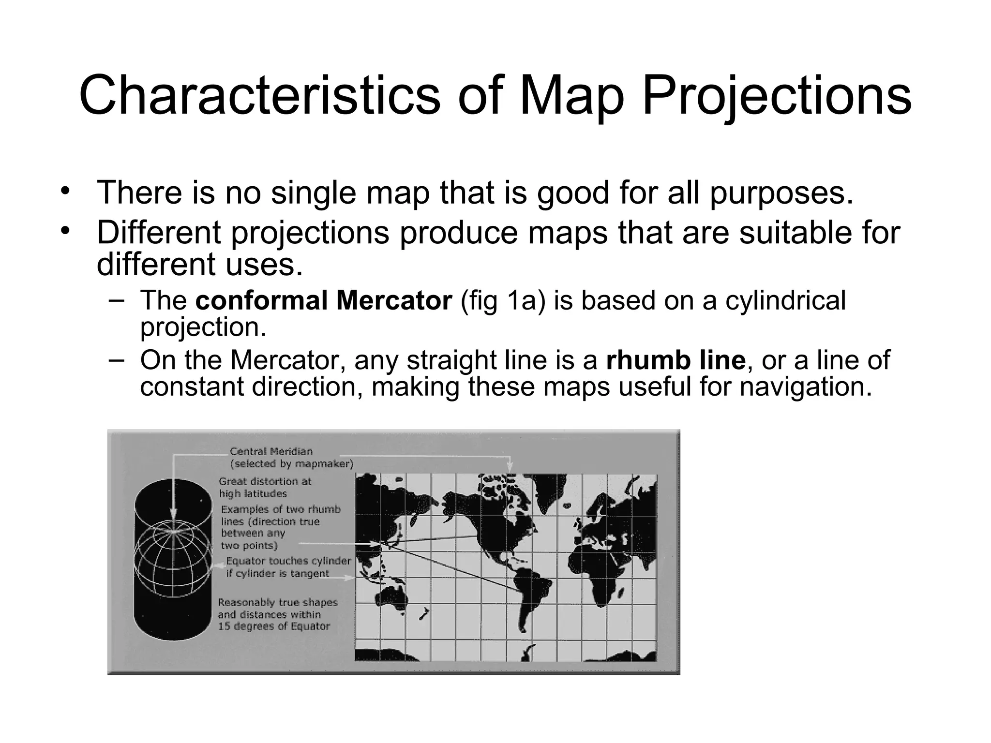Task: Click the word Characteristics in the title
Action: [259, 96]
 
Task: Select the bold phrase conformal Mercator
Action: [323, 300]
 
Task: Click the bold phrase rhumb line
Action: [676, 360]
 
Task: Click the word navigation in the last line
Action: [805, 387]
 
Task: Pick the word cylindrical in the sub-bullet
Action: [785, 300]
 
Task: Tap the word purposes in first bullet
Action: [781, 193]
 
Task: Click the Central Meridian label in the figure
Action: [271, 452]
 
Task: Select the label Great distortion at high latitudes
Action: [265, 488]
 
